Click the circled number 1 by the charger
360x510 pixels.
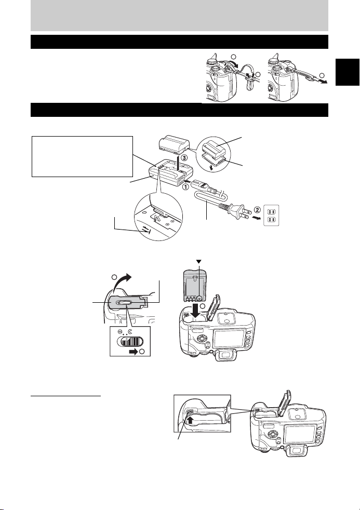pyautogui.click(x=185, y=187)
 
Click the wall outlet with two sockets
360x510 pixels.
pyautogui.click(x=271, y=215)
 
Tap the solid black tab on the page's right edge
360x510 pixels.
pyautogui.click(x=348, y=72)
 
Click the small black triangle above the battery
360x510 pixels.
pyautogui.click(x=199, y=262)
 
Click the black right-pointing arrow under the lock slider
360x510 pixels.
pyautogui.click(x=133, y=352)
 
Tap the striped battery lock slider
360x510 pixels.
pyautogui.click(x=130, y=342)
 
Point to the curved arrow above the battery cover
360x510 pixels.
pyautogui.click(x=122, y=281)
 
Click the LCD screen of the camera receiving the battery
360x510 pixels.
pyautogui.click(x=229, y=338)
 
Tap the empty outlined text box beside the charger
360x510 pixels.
pyautogui.click(x=82, y=156)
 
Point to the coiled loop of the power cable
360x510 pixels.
pyautogui.click(x=210, y=197)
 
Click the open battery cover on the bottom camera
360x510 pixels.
pyautogui.click(x=284, y=404)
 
